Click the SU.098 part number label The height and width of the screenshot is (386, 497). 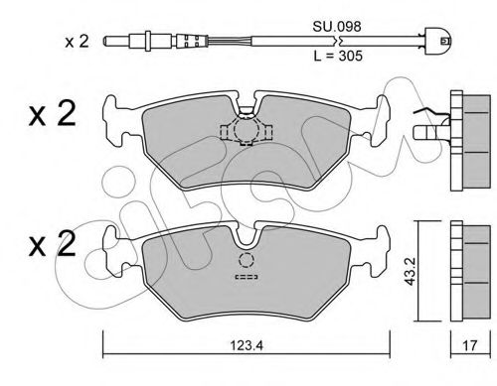pyautogui.click(x=337, y=27)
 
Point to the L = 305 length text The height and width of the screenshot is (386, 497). pyautogui.click(x=338, y=56)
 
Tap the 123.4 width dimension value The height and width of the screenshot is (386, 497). pyautogui.click(x=247, y=345)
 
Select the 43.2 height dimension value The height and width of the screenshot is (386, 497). pyautogui.click(x=411, y=271)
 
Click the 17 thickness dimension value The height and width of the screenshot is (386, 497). pyautogui.click(x=469, y=345)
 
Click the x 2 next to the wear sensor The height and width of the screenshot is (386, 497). pyautogui.click(x=77, y=42)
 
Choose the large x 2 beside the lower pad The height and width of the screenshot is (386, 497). pyautogui.click(x=53, y=244)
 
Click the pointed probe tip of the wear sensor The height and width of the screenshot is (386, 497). pyautogui.click(x=106, y=42)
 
